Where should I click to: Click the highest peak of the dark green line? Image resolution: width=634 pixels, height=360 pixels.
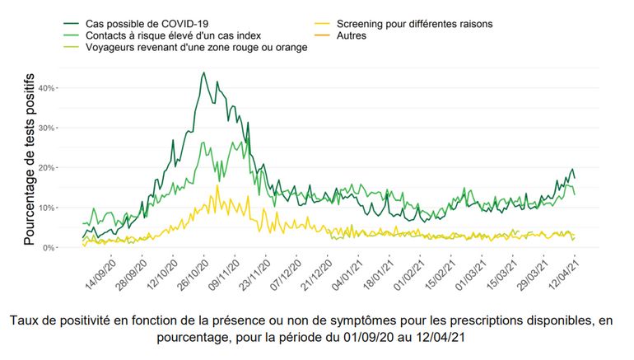(203, 72)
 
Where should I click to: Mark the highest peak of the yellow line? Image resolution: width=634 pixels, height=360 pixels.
(217, 185)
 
